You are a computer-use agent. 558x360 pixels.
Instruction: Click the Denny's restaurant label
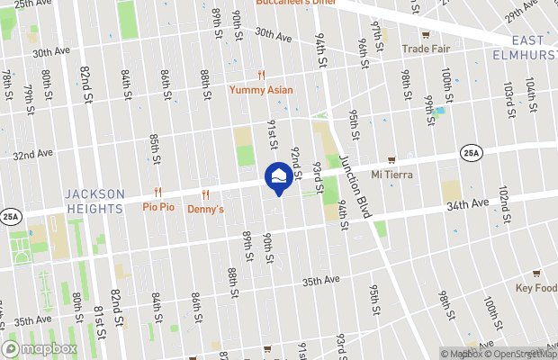pos(205,209)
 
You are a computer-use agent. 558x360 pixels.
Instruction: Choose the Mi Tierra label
pos(391,174)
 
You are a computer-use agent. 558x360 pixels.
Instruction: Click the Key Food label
pos(536,288)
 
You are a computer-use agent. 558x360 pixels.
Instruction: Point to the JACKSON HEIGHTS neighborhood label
pos(94,202)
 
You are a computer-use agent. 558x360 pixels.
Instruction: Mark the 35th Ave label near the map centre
pos(320,281)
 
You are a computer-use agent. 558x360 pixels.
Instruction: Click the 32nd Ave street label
pos(32,154)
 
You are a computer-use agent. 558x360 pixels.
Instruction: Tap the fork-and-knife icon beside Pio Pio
pos(157,192)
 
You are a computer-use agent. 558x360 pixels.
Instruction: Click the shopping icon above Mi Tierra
pos(391,159)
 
